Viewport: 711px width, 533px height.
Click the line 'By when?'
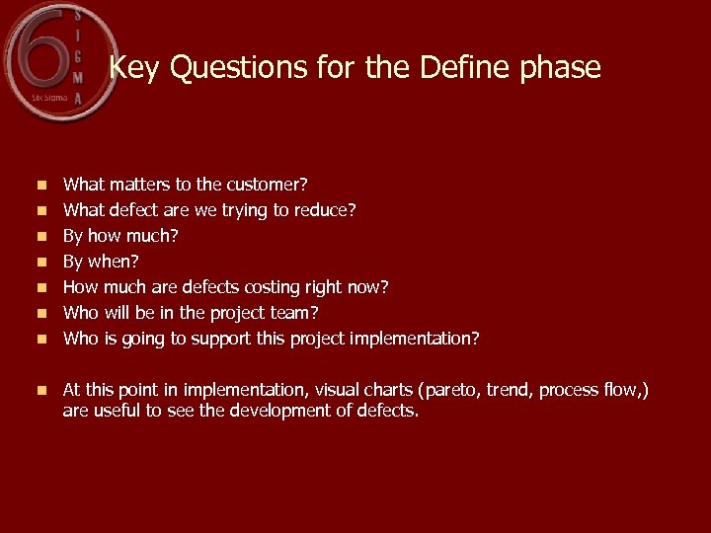coord(101,262)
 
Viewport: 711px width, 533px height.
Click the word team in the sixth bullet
coord(298,313)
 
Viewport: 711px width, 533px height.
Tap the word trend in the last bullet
coord(513,390)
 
